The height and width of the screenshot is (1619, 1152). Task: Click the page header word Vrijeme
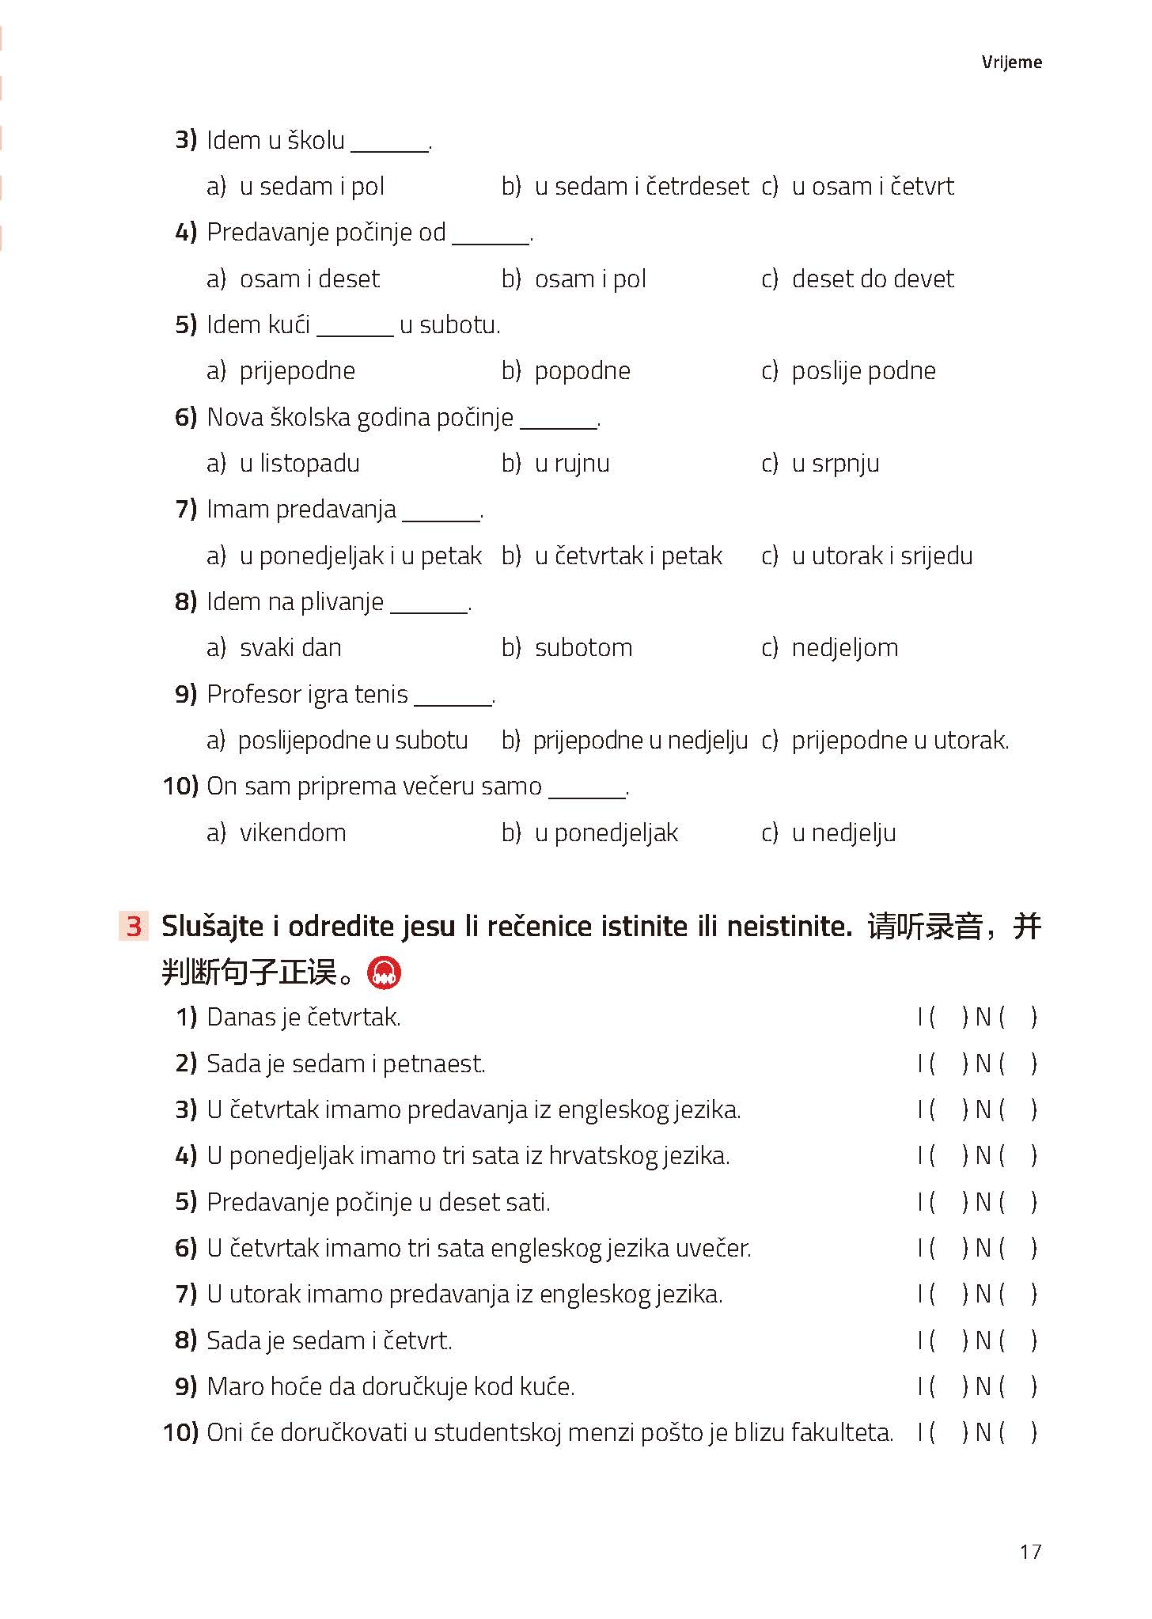coord(1011,63)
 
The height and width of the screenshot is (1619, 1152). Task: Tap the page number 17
coord(1030,1551)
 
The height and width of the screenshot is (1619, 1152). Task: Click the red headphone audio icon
coord(385,973)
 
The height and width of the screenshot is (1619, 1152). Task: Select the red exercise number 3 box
coord(133,926)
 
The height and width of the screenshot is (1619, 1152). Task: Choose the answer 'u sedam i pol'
coord(312,187)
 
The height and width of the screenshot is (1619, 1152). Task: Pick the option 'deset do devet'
coord(873,279)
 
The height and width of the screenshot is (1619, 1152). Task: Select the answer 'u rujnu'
coord(571,464)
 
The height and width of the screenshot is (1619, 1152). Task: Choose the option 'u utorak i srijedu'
coord(881,556)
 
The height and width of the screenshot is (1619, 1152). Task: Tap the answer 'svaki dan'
coord(290,648)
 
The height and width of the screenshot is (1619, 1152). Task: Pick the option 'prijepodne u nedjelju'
coord(639,741)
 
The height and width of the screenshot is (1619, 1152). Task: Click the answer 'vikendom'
coord(293,833)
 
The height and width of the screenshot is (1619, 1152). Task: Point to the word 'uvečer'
coord(712,1249)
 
